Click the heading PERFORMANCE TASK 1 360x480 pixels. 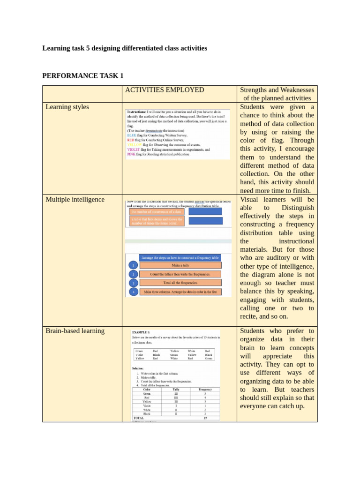coord(83,75)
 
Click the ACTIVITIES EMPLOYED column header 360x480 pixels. coord(164,90)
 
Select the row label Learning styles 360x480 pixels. coord(67,107)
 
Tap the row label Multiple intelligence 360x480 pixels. coord(75,199)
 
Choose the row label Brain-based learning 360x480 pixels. coord(75,330)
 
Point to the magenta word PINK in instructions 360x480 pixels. coord(131,154)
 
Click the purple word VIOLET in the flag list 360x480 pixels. coord(134,150)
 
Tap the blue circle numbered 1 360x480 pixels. coord(133,265)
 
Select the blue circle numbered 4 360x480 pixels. coord(133,292)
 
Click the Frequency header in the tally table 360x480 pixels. coord(205,389)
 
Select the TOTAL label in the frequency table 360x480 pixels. coord(139,418)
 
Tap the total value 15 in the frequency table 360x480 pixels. coord(205,418)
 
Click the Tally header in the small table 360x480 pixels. coord(176,389)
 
